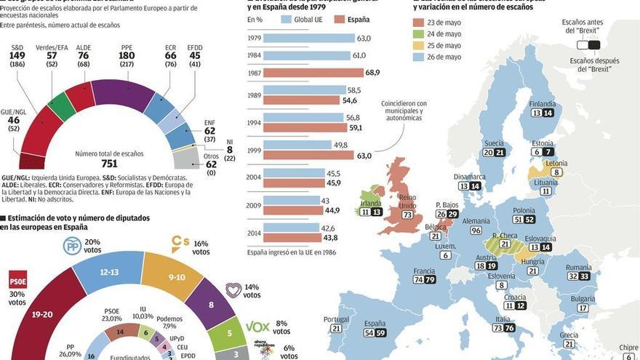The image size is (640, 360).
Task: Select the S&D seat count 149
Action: tap(17, 55)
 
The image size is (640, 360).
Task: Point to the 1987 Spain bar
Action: tap(313, 73)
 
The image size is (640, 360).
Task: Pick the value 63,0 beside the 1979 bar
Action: tap(364, 38)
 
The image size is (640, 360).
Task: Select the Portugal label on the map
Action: tap(336, 319)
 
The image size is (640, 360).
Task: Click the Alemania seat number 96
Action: tap(476, 231)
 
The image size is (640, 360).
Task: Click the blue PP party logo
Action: tap(73, 246)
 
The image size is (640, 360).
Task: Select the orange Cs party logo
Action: tap(180, 242)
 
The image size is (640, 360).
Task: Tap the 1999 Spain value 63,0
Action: tap(364, 155)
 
